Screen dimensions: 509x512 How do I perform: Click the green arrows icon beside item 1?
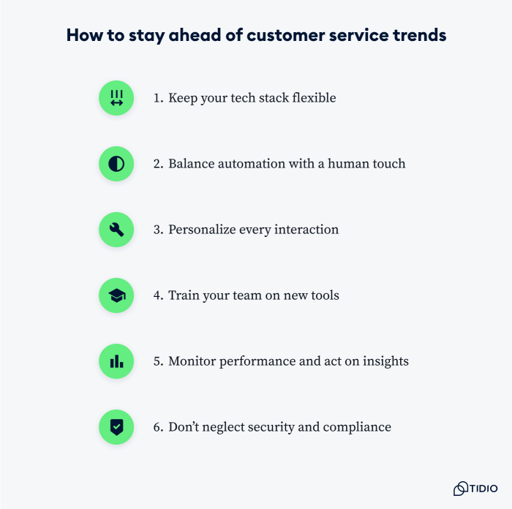(116, 98)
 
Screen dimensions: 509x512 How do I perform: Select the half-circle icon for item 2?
(116, 164)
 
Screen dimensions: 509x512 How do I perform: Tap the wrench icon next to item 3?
(116, 230)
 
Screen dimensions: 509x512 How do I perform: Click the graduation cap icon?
(116, 295)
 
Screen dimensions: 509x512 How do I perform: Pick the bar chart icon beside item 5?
(116, 361)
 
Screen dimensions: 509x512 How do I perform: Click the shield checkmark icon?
(116, 427)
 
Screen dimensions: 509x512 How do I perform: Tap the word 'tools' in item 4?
(323, 295)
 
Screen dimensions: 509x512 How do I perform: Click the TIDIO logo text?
(483, 488)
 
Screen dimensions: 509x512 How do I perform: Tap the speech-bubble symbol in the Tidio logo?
(461, 488)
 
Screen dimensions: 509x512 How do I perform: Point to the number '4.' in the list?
(158, 295)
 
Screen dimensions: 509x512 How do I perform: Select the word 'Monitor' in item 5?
(192, 361)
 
